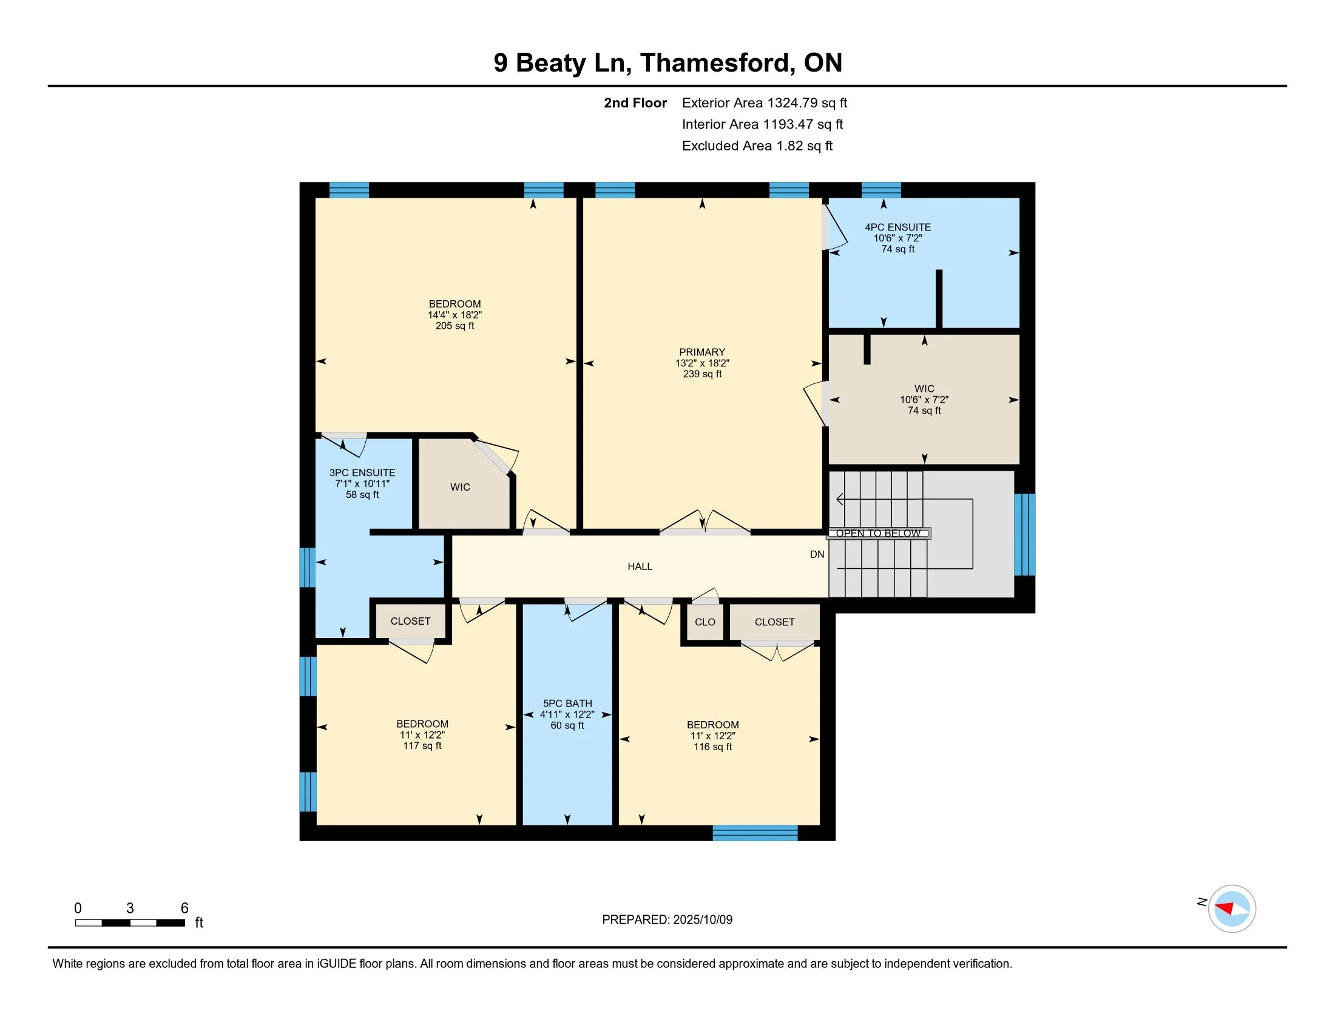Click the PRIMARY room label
coord(701,352)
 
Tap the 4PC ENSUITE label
coord(897,227)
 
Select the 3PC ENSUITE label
coord(362,473)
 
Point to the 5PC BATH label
coord(567,704)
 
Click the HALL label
coord(640,567)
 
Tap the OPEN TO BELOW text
coord(879,533)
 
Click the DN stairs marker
coord(817,554)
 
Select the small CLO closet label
coord(705,622)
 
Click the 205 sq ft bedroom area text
coord(455,326)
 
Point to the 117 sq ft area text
coord(422,746)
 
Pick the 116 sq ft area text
coord(712,747)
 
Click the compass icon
coord(1231,909)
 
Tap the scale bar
coord(130,923)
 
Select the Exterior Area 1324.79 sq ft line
coord(764,103)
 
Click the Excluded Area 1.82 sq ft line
coord(757,146)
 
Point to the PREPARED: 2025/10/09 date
coord(667,920)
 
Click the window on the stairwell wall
coord(1025,534)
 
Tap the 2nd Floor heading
coord(635,103)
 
